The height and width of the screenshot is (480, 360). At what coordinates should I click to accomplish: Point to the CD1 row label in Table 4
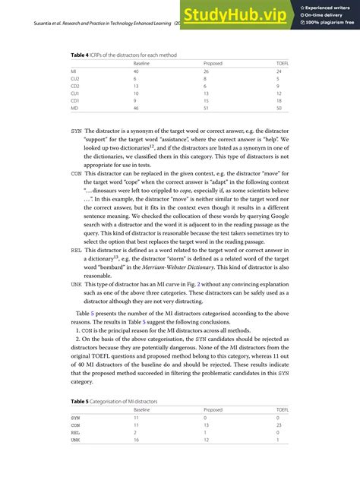pyautogui.click(x=74, y=100)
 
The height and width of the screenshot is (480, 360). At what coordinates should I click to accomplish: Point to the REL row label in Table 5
pyautogui.click(x=75, y=433)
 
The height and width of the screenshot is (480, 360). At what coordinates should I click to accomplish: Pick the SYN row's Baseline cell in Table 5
pyautogui.click(x=136, y=417)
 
